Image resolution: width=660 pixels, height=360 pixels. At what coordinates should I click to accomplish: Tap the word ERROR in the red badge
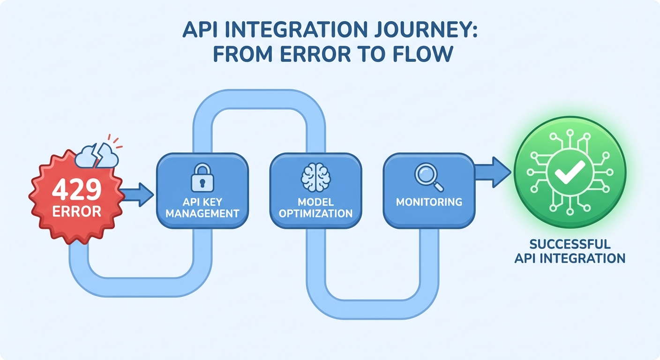76,211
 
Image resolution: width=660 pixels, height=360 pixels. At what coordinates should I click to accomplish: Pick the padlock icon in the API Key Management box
202,177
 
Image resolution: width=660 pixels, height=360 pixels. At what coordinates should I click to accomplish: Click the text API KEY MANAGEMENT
202,208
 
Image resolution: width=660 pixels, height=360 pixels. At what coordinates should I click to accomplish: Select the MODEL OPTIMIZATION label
315,208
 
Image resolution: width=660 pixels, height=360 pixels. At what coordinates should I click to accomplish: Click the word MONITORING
429,202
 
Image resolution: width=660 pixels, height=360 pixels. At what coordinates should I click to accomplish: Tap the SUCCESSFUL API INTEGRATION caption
569,251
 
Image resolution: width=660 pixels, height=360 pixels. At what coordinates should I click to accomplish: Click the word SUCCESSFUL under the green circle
569,244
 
